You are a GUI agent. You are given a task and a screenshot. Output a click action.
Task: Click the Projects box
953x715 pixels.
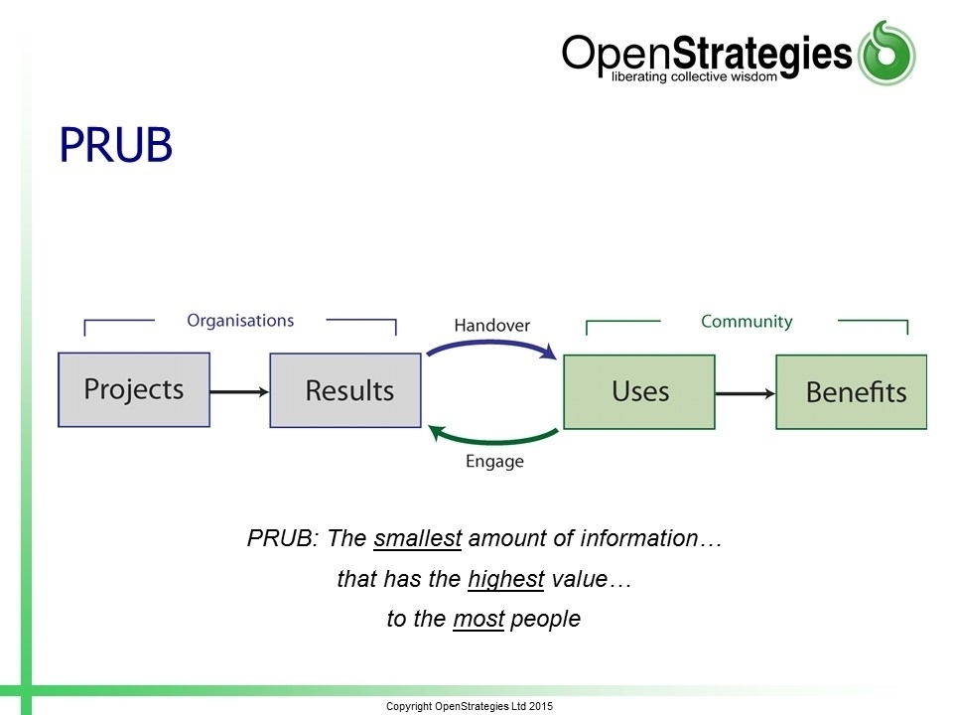[134, 389]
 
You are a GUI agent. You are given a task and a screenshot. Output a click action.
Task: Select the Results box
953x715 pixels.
[345, 390]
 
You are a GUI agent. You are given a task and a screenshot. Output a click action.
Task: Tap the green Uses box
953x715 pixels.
[639, 392]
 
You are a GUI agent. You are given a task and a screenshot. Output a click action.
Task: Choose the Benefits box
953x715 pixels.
[852, 392]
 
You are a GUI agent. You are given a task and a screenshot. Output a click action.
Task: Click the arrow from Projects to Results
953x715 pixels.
[239, 391]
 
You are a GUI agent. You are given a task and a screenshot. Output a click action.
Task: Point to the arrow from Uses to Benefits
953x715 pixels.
[746, 394]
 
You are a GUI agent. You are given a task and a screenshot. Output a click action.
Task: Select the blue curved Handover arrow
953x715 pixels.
[492, 345]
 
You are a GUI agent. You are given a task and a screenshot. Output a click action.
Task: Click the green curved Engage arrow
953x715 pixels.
[493, 438]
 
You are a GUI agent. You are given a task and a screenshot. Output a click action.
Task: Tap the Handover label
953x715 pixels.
[492, 326]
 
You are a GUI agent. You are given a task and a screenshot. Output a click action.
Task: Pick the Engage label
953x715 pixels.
[494, 462]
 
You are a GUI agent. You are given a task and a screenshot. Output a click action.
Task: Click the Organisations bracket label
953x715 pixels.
[240, 321]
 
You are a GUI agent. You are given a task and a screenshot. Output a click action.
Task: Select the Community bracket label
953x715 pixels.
[747, 321]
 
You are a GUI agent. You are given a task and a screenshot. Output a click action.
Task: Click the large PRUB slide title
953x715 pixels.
[115, 145]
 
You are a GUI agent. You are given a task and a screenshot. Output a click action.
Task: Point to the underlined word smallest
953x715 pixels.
[418, 538]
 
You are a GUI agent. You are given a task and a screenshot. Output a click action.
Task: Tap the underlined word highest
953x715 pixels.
[506, 579]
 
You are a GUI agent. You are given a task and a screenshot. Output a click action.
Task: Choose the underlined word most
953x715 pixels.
[478, 619]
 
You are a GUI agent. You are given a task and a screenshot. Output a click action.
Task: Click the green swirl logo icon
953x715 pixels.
[886, 53]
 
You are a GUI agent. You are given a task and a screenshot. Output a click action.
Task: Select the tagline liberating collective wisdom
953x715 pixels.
[694, 76]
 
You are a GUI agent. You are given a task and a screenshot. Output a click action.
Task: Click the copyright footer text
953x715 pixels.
[470, 706]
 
